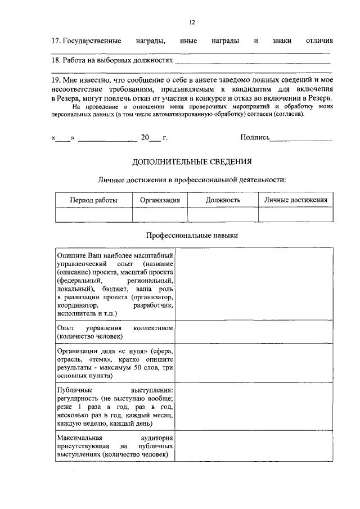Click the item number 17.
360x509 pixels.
55,42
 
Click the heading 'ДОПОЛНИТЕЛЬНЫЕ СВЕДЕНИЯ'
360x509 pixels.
192,161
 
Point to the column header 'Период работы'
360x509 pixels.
93,200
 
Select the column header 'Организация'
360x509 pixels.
160,200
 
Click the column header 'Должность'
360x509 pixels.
223,200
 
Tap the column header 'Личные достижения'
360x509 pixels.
295,200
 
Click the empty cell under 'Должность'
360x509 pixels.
223,214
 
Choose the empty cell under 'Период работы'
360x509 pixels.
93,214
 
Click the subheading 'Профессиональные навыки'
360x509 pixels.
192,236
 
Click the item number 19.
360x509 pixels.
55,81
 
